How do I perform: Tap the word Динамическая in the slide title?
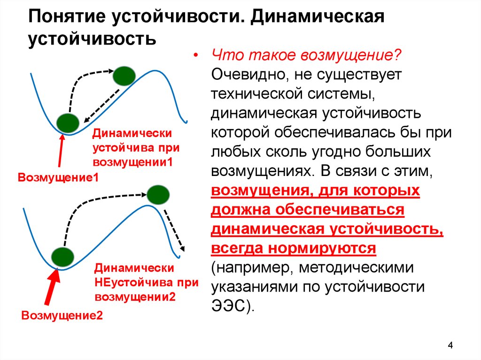click(318, 17)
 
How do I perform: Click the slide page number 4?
click(450, 345)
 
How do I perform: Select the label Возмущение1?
click(58, 177)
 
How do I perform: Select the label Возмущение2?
click(62, 315)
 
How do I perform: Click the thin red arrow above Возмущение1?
click(61, 151)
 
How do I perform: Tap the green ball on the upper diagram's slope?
click(124, 76)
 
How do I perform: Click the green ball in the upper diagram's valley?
click(68, 123)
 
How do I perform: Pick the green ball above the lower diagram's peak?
click(158, 195)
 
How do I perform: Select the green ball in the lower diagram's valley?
click(62, 257)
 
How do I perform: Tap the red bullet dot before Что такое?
click(195, 56)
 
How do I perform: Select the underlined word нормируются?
click(322, 248)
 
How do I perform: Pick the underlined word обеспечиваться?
click(340, 210)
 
